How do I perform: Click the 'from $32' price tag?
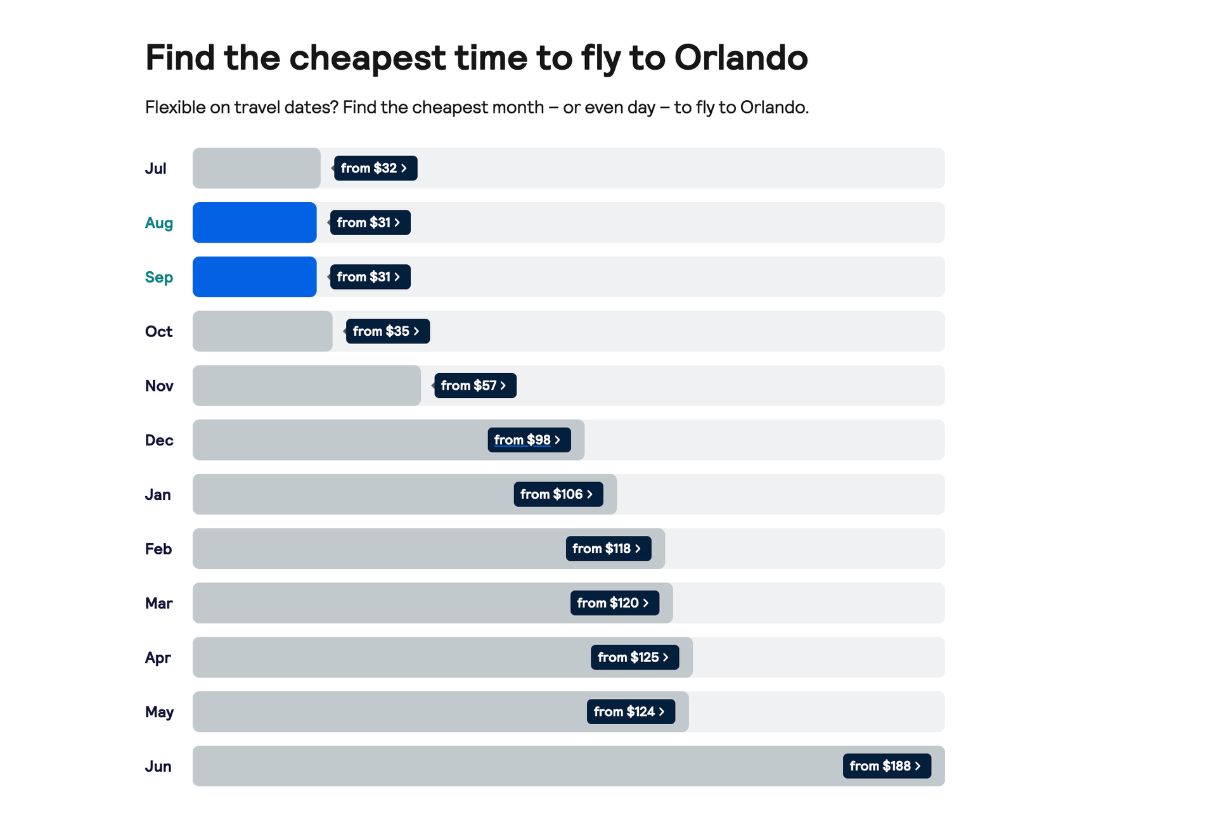tap(375, 168)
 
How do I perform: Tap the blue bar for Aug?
tap(254, 222)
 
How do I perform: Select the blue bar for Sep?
tap(254, 277)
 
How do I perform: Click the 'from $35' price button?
tap(387, 331)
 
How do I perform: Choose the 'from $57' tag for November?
tap(475, 385)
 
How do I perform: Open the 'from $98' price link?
tap(529, 440)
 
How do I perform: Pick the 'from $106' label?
tap(558, 494)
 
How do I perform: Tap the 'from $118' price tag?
tap(608, 549)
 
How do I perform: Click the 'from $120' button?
tap(614, 603)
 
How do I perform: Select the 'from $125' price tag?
tap(634, 657)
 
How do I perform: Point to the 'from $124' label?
tap(631, 712)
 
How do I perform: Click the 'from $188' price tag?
tap(886, 766)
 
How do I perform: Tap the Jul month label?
tap(155, 169)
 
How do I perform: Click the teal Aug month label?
tap(158, 223)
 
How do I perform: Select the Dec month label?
tap(159, 440)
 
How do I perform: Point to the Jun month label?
tap(158, 767)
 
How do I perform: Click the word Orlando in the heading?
tap(740, 58)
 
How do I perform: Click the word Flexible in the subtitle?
tap(175, 107)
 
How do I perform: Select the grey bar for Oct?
tap(262, 331)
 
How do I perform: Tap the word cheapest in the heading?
tap(367, 58)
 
